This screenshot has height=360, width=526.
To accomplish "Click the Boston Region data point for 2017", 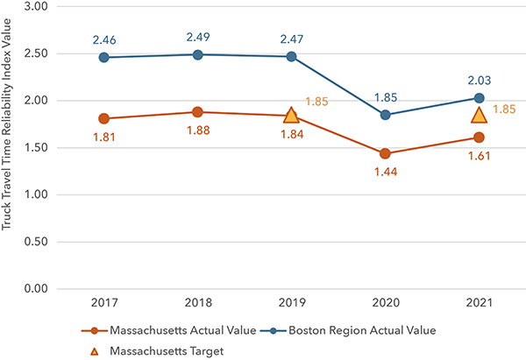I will [103, 58].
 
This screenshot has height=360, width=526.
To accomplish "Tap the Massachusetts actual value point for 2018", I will [197, 112].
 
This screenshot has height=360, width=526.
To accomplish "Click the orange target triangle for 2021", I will [479, 115].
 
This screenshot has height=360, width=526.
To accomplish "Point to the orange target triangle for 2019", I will [291, 115].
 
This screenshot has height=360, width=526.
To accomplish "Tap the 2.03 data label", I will [479, 80].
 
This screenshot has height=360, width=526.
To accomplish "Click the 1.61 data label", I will [479, 157].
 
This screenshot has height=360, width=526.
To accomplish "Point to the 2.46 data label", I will [103, 39].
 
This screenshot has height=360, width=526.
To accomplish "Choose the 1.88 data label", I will [197, 132].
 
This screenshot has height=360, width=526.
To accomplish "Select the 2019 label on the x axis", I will [291, 302].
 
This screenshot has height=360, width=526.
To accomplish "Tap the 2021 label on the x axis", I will [479, 302].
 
